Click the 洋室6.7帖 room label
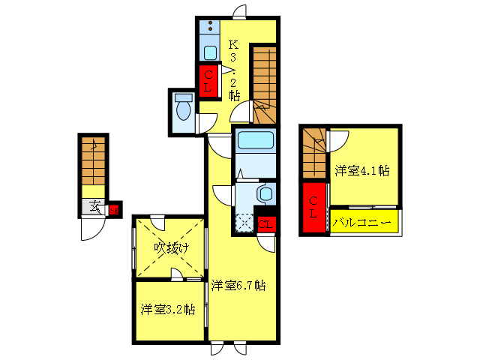click(238, 285)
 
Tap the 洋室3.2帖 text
click(168, 309)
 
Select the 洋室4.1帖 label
click(362, 171)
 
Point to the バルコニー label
click(362, 223)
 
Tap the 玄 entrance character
click(95, 208)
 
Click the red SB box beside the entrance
click(114, 210)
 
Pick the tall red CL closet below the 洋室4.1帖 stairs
click(314, 206)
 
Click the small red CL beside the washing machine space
click(265, 223)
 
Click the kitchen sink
click(210, 52)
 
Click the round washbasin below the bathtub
click(265, 194)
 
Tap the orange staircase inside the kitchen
click(263, 82)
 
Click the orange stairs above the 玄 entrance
click(94, 165)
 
